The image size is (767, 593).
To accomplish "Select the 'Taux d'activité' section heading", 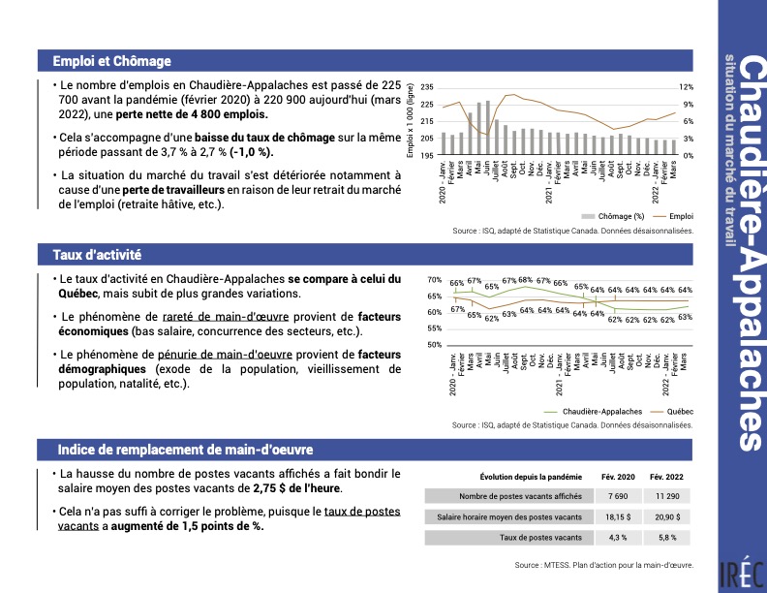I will click(x=98, y=255).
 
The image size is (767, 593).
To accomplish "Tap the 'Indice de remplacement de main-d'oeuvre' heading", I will click(x=185, y=450).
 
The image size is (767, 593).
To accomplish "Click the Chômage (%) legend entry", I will click(x=614, y=216).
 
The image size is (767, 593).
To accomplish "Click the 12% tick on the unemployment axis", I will click(x=686, y=87).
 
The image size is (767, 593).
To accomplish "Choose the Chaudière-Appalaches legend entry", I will click(x=597, y=411).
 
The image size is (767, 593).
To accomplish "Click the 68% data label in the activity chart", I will click(x=525, y=280).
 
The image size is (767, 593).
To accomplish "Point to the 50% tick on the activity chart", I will click(x=435, y=345).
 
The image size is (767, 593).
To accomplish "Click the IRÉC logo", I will click(x=742, y=573).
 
